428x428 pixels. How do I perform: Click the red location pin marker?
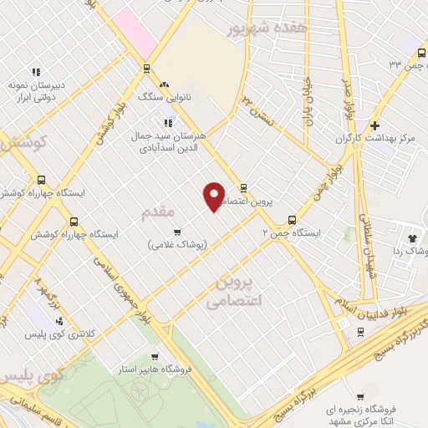point(215,196)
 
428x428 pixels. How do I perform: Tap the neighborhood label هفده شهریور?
point(267,28)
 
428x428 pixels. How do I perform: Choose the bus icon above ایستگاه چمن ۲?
point(291,221)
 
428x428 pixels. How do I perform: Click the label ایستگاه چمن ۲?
point(290,234)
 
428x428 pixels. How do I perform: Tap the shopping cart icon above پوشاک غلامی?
point(176,232)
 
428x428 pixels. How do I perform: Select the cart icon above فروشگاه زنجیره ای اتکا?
point(360,397)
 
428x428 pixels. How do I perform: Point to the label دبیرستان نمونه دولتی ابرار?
point(38,89)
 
